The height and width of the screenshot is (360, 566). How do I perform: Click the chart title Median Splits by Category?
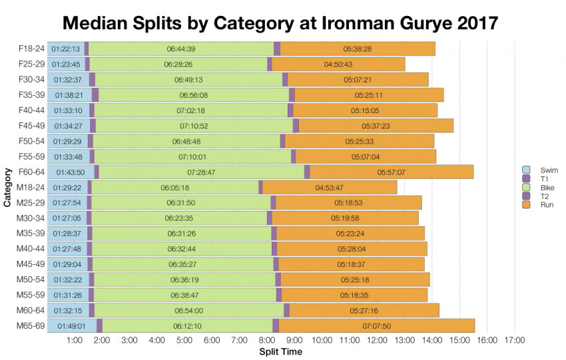click(280, 23)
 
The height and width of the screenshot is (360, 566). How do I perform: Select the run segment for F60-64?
click(392, 172)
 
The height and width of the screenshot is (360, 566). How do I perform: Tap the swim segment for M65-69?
click(71, 325)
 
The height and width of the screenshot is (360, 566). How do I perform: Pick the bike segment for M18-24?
click(175, 187)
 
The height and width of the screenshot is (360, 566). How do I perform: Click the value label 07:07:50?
click(376, 326)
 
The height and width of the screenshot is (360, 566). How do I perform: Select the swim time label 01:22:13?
click(66, 49)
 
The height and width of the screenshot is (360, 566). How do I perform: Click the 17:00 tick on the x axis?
click(515, 341)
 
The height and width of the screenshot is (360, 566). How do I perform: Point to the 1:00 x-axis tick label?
click(75, 341)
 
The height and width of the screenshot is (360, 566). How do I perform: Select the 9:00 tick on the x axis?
click(295, 341)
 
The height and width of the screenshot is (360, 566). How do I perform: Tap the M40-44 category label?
click(31, 248)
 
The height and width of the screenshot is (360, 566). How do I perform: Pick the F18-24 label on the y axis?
click(31, 49)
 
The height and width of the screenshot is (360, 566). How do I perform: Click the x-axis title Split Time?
click(280, 352)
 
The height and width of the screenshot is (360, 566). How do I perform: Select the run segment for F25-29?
click(338, 64)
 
